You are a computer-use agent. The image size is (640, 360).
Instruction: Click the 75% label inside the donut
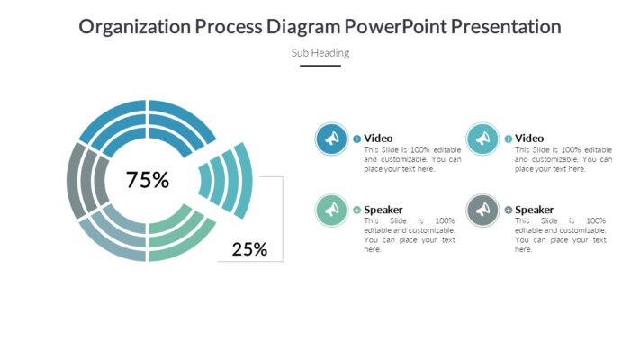click(148, 180)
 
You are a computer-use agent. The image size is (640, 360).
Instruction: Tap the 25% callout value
click(249, 249)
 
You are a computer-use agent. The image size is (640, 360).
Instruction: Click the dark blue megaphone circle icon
click(332, 139)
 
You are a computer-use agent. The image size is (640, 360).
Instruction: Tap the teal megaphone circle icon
click(483, 139)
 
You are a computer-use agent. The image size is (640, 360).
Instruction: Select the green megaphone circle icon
click(332, 210)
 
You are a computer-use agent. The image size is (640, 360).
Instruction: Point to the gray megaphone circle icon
click(483, 210)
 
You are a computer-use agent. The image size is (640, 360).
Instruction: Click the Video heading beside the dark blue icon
click(378, 138)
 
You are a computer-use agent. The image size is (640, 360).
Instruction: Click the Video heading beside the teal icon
click(529, 138)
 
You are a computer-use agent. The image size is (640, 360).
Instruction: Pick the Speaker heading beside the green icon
click(383, 210)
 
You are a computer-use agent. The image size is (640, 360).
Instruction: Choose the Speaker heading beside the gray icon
click(535, 210)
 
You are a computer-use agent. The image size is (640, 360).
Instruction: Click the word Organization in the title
click(134, 27)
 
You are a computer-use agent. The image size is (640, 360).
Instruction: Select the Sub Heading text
click(320, 52)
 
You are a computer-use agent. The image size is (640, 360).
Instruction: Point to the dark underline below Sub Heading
click(320, 66)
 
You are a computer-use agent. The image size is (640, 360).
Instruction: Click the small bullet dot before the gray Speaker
click(509, 210)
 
